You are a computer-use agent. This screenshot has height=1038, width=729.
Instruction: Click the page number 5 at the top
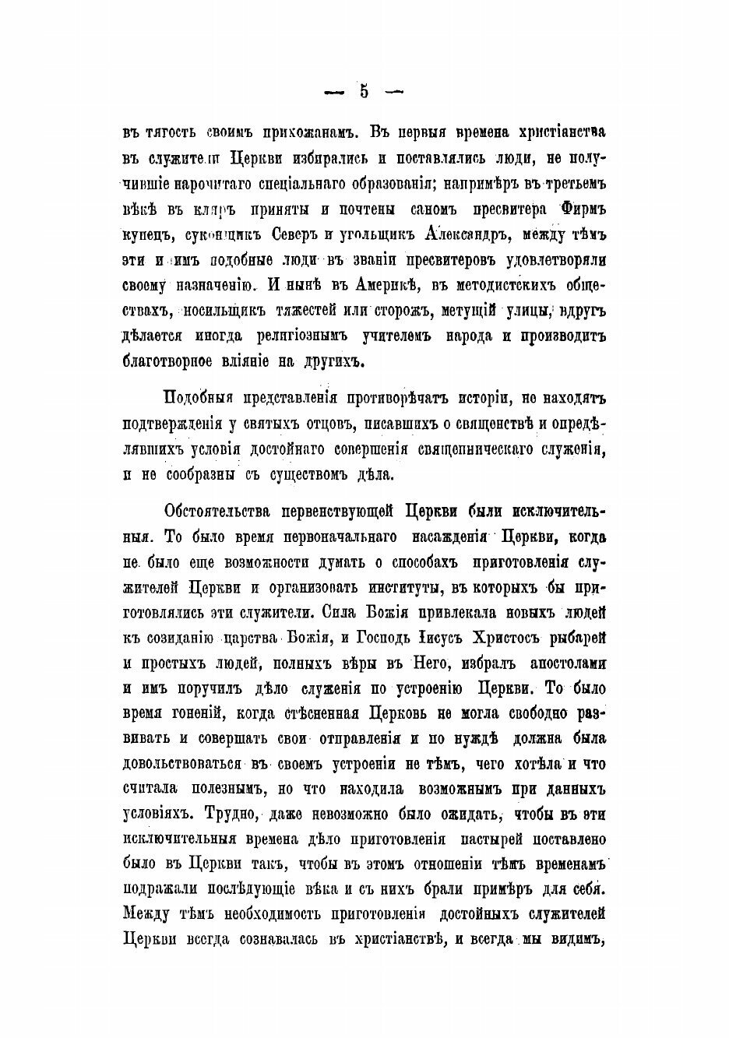364,91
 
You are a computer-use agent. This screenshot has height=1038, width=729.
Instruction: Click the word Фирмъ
583,212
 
